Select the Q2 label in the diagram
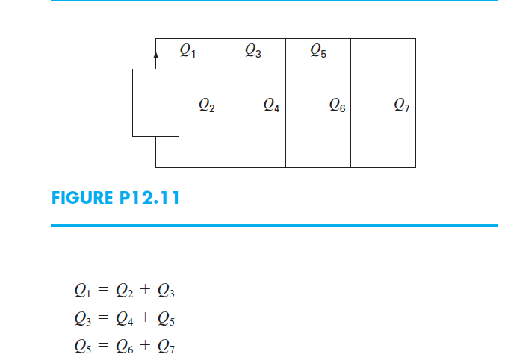pos(207,106)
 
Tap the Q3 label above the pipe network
pos(252,51)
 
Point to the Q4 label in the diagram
pos(272,106)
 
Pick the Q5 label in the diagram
pos(317,51)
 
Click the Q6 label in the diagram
pos(337,106)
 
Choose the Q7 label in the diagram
pos(401,106)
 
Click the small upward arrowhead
pos(155,55)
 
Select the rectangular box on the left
pos(155,102)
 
